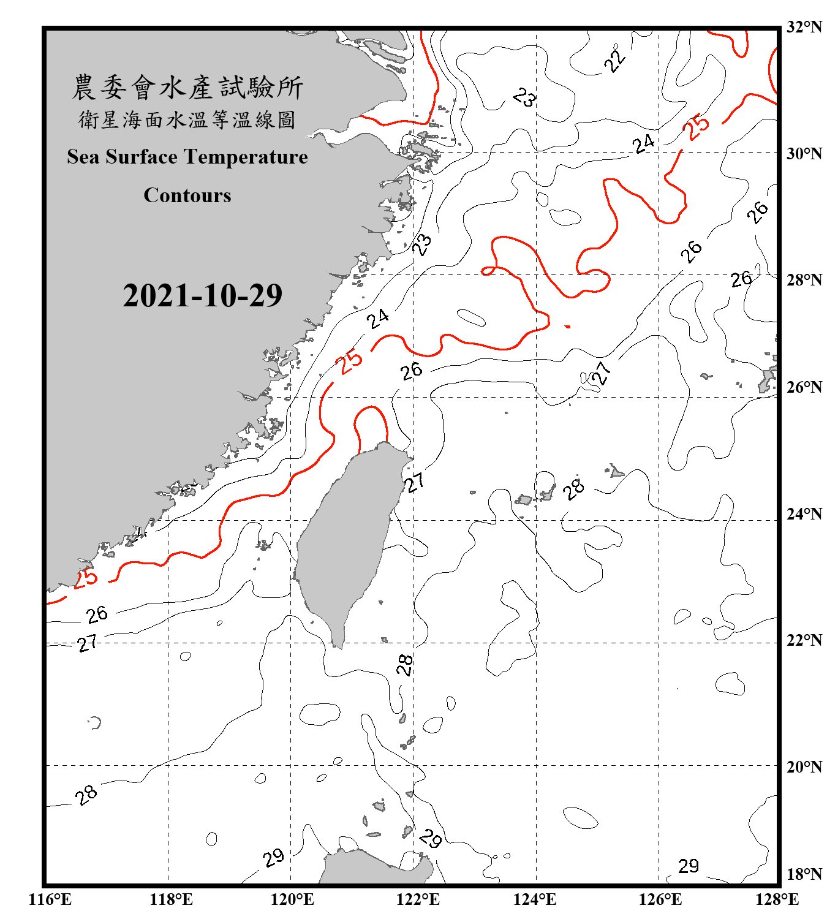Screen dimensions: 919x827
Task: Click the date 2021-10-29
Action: click(x=202, y=296)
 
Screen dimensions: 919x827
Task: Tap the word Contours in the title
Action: click(x=187, y=195)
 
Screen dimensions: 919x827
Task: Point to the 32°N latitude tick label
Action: click(x=804, y=27)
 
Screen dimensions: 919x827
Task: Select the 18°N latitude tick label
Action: click(x=804, y=874)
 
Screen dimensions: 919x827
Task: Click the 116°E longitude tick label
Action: click(x=50, y=900)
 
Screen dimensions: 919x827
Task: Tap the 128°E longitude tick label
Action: click(x=777, y=900)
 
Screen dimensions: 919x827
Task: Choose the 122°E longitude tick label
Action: click(x=418, y=900)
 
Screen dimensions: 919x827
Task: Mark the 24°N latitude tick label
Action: click(x=804, y=513)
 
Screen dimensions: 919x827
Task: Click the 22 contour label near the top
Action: click(x=614, y=60)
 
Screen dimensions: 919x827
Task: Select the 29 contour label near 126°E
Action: click(x=689, y=866)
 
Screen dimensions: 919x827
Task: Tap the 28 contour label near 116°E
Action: click(x=86, y=795)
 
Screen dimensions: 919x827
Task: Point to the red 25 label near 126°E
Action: click(x=697, y=127)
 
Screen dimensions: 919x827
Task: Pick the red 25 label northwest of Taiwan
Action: click(x=351, y=361)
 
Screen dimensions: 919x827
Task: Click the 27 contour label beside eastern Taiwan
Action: click(x=415, y=483)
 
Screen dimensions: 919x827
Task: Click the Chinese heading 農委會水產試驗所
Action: click(x=187, y=88)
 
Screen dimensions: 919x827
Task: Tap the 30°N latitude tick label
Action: click(x=804, y=153)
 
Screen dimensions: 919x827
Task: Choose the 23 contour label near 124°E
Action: click(x=524, y=97)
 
